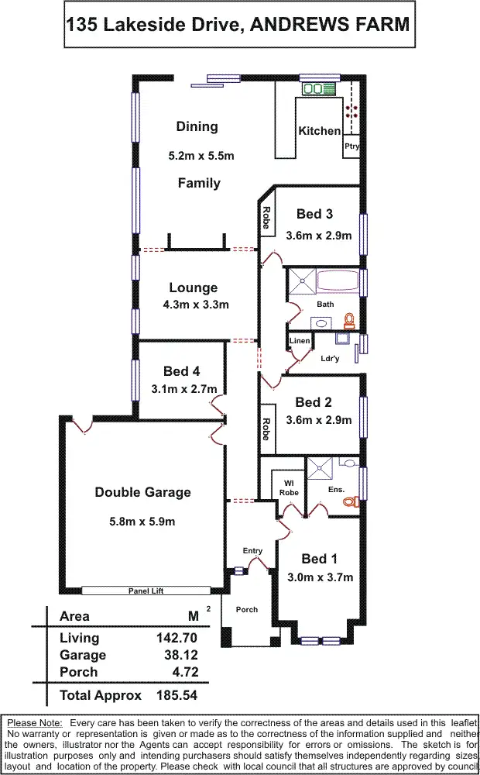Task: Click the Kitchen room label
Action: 319,131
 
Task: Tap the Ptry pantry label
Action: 351,146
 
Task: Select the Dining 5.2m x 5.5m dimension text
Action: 201,156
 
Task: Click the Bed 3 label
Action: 315,214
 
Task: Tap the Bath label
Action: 325,304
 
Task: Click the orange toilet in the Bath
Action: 349,319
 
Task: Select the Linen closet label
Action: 300,341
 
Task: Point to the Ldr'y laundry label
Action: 331,358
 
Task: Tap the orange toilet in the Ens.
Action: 350,501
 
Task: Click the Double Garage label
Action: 142,492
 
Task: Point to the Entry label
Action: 252,551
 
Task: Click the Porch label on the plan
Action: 247,609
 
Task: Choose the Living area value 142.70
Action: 177,639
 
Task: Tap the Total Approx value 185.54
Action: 177,695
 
